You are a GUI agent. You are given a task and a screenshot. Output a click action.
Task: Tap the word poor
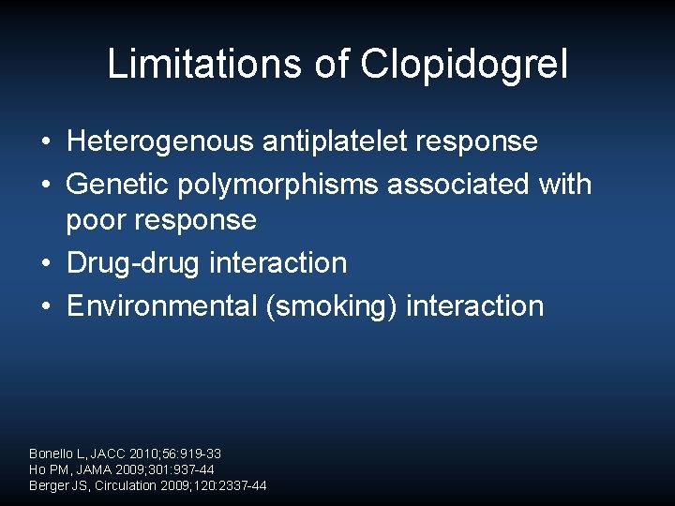97,219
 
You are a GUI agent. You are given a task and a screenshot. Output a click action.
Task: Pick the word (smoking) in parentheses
332,305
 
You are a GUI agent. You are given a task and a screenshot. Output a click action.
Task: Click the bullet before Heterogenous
45,142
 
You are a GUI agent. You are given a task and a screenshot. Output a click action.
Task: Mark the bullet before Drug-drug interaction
45,263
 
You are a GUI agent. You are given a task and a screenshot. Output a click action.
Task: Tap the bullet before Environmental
45,306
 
